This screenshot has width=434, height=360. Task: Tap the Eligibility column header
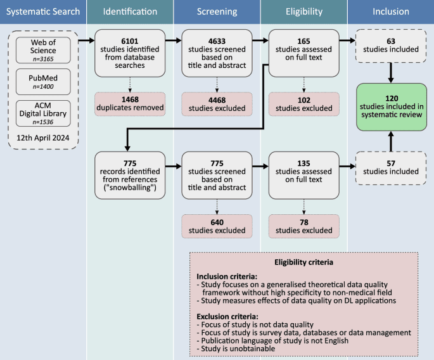(303, 11)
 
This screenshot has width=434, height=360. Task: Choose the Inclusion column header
(390, 11)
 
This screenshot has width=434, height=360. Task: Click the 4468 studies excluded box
(216, 103)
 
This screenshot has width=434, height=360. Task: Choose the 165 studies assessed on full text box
(303, 51)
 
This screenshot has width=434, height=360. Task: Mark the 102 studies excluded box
(303, 103)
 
